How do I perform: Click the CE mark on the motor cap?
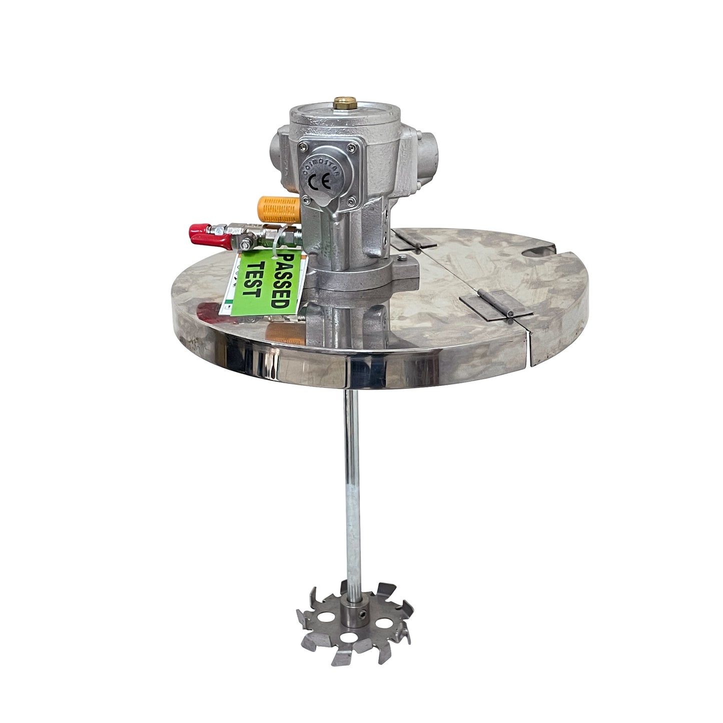[318, 181]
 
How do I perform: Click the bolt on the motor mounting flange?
[401, 258]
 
